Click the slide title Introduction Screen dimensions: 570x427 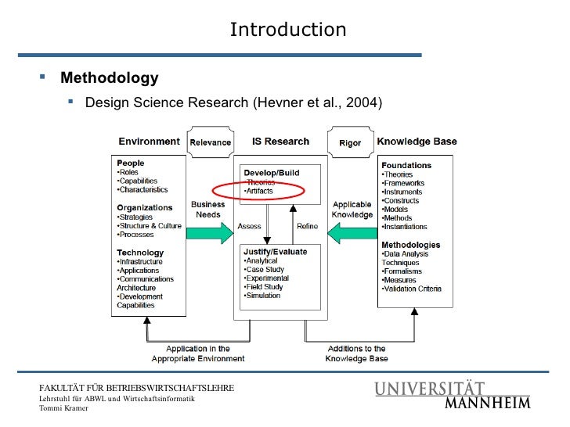click(x=287, y=30)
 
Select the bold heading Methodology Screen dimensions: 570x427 click(x=110, y=78)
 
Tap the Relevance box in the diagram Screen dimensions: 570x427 click(x=211, y=142)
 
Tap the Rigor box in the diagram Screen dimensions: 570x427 click(x=350, y=142)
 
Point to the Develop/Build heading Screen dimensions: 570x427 click(x=272, y=172)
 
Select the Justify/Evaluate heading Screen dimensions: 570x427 click(x=275, y=252)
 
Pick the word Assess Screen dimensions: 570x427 click(x=249, y=226)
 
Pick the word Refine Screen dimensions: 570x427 click(x=307, y=226)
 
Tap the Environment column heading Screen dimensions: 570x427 click(x=149, y=142)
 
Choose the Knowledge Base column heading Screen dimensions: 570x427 click(x=417, y=142)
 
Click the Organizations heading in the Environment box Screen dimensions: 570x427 click(x=145, y=207)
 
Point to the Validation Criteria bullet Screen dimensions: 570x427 click(x=412, y=289)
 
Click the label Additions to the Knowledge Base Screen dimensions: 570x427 click(x=355, y=353)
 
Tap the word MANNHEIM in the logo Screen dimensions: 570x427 click(x=488, y=404)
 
